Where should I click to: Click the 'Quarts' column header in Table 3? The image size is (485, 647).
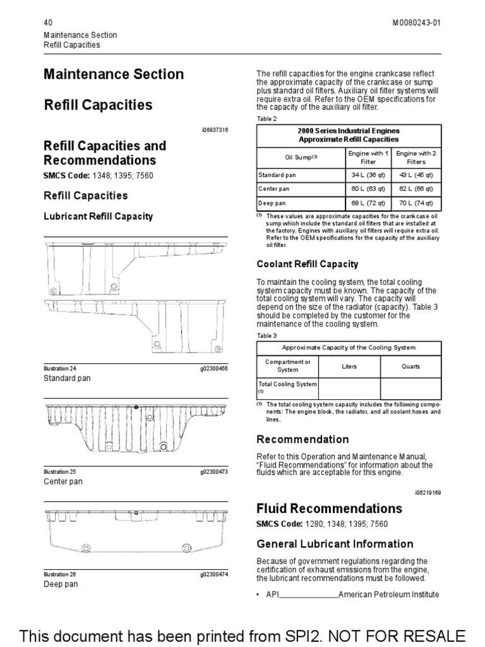410,366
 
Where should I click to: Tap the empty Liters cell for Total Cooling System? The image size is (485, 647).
349,387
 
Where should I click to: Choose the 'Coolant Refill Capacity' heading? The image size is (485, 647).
308,264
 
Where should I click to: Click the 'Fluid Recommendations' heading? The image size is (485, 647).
329,509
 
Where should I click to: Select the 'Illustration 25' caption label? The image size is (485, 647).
59,471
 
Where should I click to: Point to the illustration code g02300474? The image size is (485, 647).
214,574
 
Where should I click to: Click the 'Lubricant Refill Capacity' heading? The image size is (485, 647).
98,216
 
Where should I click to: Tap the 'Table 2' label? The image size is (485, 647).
266,119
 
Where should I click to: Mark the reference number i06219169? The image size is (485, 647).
428,492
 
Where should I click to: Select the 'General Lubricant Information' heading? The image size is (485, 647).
335,544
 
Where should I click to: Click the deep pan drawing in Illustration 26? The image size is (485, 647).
135,534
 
